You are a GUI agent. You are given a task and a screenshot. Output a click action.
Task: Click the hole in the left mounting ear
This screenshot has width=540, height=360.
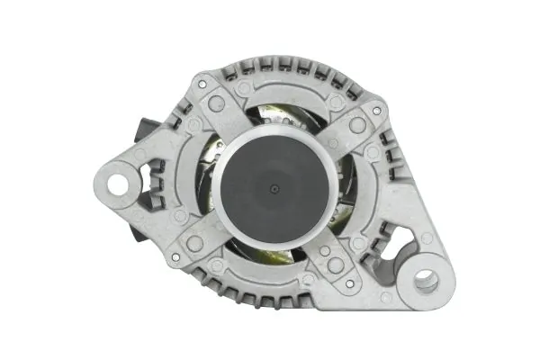coord(117,184)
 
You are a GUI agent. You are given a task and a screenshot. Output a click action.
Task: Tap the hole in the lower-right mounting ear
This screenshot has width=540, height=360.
coord(424,281)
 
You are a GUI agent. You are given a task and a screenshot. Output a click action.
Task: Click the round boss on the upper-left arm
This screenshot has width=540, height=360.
coord(216,103)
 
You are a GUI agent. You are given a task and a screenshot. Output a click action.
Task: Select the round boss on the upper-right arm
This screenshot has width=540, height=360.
coord(357,125)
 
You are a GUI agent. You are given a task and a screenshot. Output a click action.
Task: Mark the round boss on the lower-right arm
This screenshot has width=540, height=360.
coord(335,265)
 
